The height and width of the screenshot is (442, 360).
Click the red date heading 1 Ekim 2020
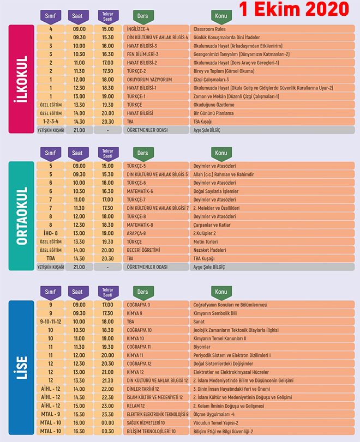[294, 9]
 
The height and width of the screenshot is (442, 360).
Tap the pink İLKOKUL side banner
[21, 79]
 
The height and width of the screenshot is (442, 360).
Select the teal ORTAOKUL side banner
[21, 216]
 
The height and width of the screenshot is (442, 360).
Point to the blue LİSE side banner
[21, 367]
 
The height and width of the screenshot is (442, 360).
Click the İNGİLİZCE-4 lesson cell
[156, 29]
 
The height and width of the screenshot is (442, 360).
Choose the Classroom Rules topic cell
[272, 29]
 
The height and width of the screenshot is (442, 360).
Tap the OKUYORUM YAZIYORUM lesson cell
[156, 80]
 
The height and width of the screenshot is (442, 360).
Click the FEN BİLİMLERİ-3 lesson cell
[156, 54]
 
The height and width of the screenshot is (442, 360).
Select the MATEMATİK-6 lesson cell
[156, 191]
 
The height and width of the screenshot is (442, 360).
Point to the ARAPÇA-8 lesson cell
[156, 233]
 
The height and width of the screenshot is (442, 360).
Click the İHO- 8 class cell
[51, 233]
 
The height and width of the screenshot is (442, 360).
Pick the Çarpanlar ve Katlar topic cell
[272, 225]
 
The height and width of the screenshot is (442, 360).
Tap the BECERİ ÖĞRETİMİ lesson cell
[156, 250]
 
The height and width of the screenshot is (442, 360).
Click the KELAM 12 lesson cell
[156, 406]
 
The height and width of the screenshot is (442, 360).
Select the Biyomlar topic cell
[272, 347]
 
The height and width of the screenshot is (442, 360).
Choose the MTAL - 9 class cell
[51, 414]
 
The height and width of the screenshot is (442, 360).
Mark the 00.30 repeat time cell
[108, 431]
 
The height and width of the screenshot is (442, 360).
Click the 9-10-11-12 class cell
[51, 322]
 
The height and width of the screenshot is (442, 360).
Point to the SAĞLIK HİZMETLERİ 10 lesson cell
[156, 423]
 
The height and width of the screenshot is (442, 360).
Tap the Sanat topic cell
[272, 322]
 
